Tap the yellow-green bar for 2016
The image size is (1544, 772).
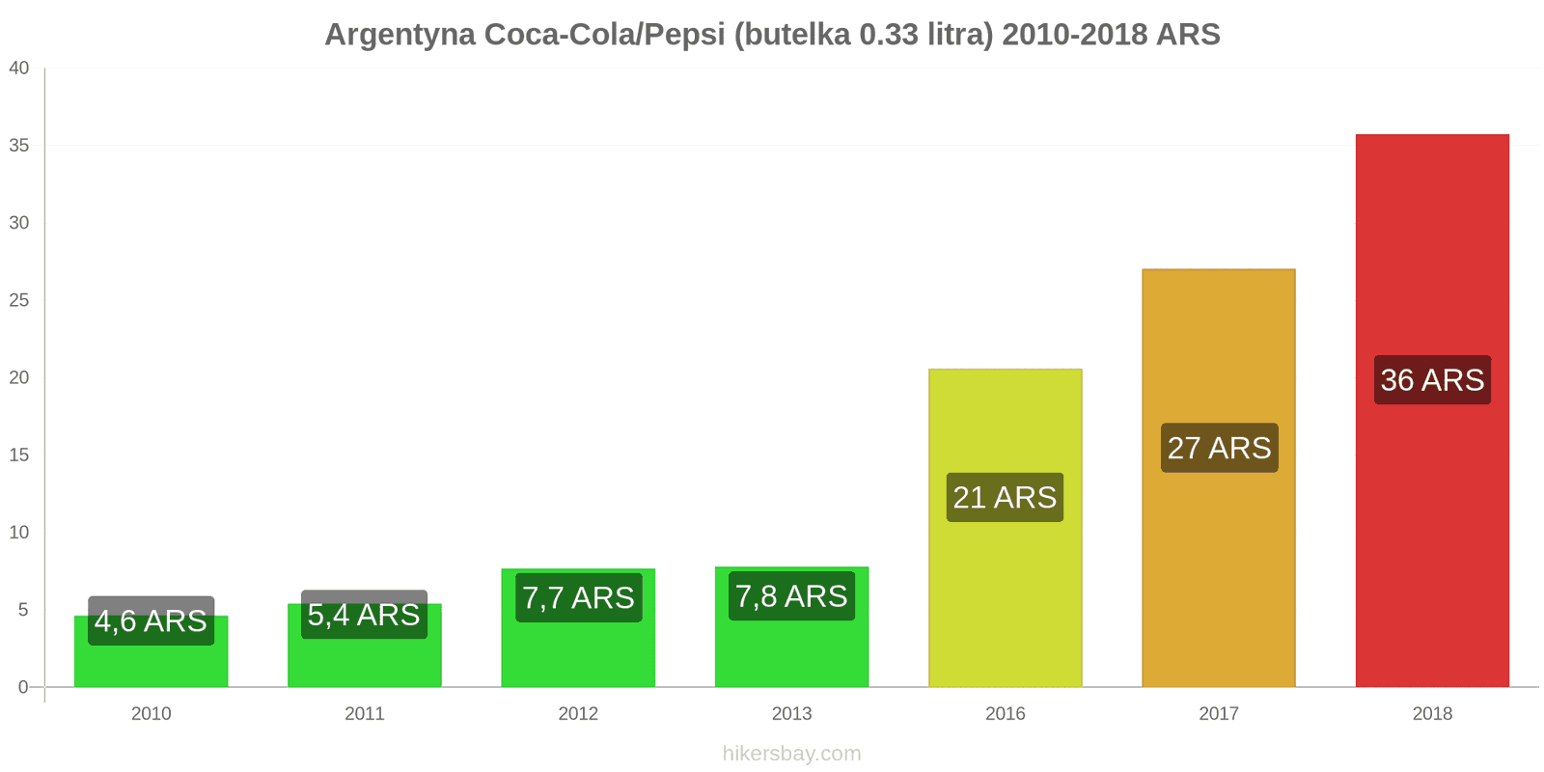pos(1005,598)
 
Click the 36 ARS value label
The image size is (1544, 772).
pos(1432,380)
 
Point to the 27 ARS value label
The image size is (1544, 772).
pos(1219,448)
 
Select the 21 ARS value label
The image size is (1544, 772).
pos(1005,497)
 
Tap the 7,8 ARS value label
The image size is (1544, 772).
pos(791,596)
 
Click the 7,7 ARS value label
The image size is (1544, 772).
pos(578,598)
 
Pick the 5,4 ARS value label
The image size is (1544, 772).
pos(364,615)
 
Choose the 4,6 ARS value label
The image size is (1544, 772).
pos(151,620)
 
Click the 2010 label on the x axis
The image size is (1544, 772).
pos(151,714)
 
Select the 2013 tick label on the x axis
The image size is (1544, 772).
pos(791,714)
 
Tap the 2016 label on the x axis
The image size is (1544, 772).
pos(1005,714)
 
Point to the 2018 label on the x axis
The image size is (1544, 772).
pos(1432,714)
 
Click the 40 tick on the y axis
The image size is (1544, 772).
pos(19,69)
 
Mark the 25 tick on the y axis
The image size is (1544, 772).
pos(19,300)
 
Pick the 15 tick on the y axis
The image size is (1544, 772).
pos(19,455)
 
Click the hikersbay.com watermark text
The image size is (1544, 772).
pos(791,754)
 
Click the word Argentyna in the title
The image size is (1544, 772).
pos(400,35)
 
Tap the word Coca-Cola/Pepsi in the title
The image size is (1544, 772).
pos(604,35)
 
